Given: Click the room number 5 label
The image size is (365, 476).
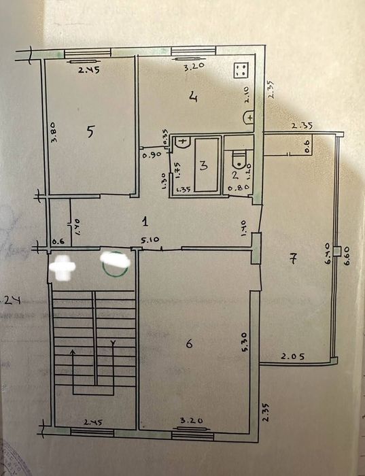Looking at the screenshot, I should [x=90, y=133].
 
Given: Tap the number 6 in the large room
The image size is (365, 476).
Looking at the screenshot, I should [x=188, y=344].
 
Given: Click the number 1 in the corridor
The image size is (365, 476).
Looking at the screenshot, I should [x=145, y=220].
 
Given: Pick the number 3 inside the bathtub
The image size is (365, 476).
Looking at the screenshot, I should [x=203, y=165].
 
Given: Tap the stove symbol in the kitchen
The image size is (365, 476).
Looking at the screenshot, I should [x=240, y=70].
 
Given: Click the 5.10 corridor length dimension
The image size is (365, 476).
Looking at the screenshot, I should [x=150, y=240].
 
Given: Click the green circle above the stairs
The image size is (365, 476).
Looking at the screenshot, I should [x=115, y=262].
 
